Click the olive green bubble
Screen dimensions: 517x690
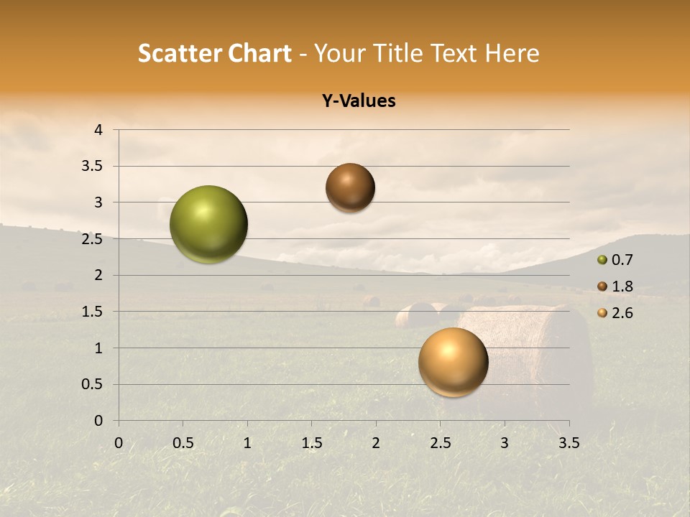[x=209, y=224]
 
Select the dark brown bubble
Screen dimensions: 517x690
[x=350, y=187]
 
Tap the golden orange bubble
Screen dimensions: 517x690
[x=453, y=362]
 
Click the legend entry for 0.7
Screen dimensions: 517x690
[x=615, y=260]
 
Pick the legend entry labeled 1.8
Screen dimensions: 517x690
[x=615, y=287]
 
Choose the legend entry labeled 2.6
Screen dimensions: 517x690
[x=615, y=313]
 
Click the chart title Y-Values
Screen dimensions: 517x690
[x=359, y=101]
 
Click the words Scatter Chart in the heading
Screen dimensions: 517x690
[x=214, y=53]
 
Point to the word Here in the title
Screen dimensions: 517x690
[x=512, y=53]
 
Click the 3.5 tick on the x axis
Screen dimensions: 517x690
[x=569, y=443]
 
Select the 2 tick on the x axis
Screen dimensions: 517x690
[x=376, y=443]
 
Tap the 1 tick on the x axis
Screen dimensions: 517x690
[x=247, y=443]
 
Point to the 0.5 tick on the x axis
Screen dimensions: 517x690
[x=183, y=443]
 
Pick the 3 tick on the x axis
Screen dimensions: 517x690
[x=505, y=443]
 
